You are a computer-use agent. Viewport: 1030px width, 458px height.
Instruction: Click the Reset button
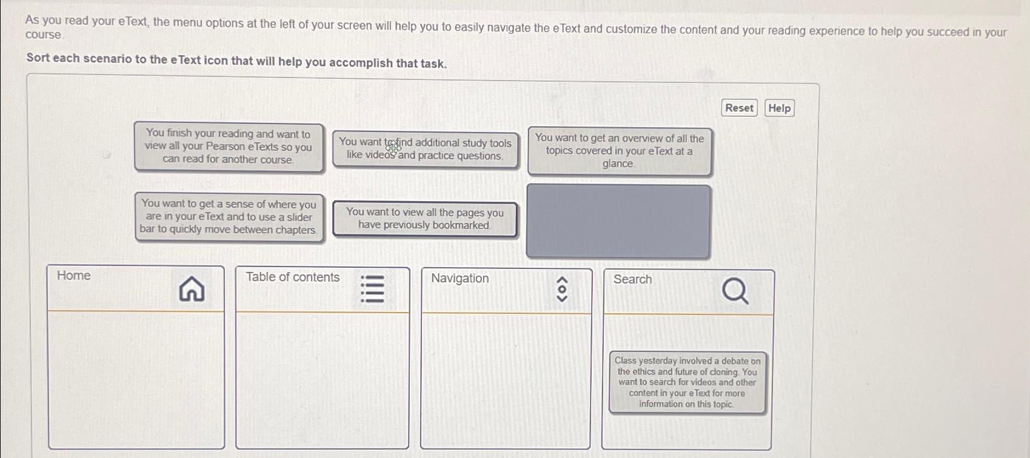tap(739, 108)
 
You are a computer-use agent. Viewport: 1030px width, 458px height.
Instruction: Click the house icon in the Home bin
tap(192, 289)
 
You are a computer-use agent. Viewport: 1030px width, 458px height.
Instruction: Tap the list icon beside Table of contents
tap(372, 289)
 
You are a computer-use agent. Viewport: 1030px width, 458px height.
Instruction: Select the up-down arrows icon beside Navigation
tap(562, 290)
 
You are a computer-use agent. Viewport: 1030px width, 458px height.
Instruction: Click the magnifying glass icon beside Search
tap(735, 291)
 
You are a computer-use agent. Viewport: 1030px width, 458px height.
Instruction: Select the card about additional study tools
tap(425, 150)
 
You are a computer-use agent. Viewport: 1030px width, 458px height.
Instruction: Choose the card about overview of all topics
tap(619, 151)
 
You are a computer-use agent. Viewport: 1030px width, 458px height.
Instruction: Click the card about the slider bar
tap(229, 217)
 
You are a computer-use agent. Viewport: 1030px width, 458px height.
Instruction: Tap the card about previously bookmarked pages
tap(424, 219)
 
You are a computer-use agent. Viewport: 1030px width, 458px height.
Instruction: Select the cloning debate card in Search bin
tap(687, 382)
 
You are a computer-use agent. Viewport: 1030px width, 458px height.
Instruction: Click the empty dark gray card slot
tap(618, 221)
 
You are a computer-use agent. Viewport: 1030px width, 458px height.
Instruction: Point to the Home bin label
tap(73, 276)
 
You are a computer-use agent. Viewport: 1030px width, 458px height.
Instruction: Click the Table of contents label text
tap(292, 277)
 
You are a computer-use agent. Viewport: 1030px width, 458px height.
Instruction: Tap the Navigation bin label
tap(460, 279)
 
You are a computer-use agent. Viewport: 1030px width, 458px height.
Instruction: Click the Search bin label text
tap(632, 279)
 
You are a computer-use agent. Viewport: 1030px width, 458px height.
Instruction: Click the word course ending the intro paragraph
tap(43, 35)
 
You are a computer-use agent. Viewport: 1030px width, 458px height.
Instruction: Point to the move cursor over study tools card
tap(393, 147)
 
